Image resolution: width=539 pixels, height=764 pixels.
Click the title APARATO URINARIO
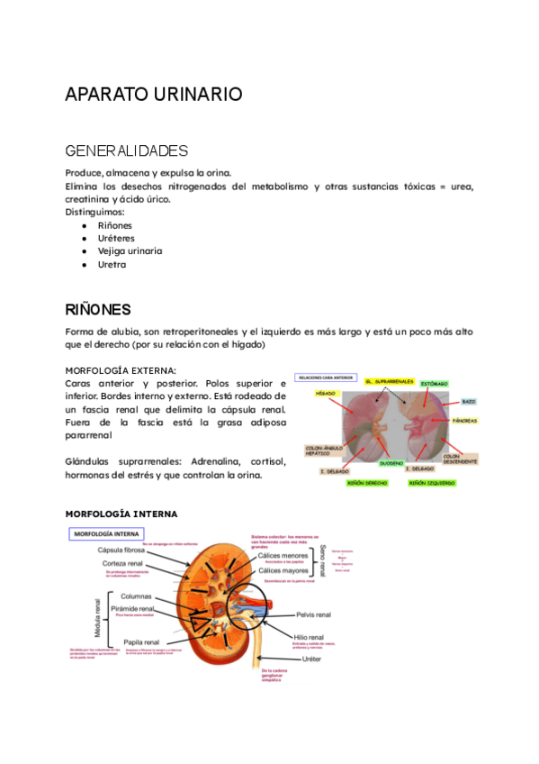tap(154, 94)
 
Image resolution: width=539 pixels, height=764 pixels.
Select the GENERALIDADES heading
tap(126, 150)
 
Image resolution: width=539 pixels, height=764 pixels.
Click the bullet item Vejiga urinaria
tap(130, 251)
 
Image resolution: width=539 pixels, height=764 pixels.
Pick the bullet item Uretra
tap(112, 265)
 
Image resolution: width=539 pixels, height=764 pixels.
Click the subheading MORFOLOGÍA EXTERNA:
tap(121, 370)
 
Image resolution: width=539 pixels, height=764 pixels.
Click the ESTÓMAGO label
tap(434, 384)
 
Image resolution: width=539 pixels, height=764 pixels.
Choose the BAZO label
tap(469, 401)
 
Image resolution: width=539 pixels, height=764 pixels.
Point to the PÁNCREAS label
tap(464, 421)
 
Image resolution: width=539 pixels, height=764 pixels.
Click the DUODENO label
tap(390, 463)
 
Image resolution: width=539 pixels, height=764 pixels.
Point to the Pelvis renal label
tap(313, 614)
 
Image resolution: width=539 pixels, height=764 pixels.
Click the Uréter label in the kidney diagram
tap(311, 659)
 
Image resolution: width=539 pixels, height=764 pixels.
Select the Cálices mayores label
tap(283, 570)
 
